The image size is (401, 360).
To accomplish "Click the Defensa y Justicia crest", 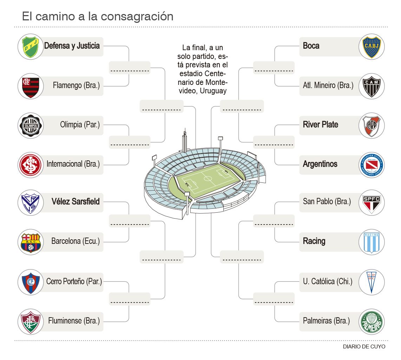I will tap(31, 47).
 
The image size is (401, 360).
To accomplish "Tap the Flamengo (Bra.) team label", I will tap(76, 85).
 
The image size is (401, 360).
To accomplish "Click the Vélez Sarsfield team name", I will tap(75, 202).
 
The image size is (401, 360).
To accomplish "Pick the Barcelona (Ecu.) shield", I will tap(31, 242).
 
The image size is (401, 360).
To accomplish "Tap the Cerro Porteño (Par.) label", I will tap(74, 281).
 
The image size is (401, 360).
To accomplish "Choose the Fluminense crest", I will tap(31, 322).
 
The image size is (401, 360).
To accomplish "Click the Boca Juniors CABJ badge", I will tap(372, 47).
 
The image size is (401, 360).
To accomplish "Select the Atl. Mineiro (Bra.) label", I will tap(328, 85).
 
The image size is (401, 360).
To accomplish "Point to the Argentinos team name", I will tap(320, 164).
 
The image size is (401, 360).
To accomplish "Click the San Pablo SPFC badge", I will tap(372, 203).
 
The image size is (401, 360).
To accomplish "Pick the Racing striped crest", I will tap(372, 242).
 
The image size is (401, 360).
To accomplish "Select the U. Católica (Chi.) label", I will tap(327, 281).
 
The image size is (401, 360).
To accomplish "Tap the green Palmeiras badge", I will tap(372, 322).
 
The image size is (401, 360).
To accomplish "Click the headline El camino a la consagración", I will tap(98, 16).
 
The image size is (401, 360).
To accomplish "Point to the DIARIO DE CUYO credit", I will tap(364, 347).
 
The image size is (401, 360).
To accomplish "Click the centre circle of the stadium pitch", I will tap(208, 179).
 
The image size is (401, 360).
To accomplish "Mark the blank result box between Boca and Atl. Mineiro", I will tap(274, 68).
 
